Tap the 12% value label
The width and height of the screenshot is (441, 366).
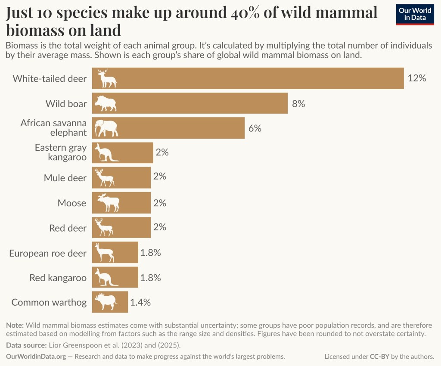point(416,78)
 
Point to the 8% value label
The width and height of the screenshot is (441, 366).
point(298,104)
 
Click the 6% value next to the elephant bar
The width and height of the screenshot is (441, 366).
point(255,128)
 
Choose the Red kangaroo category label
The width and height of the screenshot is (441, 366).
point(58,278)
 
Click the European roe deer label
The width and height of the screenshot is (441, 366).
point(48,253)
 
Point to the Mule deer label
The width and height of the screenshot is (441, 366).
point(65,178)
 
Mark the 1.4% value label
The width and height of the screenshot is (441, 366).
point(140,302)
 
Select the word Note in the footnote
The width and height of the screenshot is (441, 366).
point(16,325)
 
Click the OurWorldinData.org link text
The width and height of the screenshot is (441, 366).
point(36,357)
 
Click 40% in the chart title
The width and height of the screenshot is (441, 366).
point(243,13)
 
